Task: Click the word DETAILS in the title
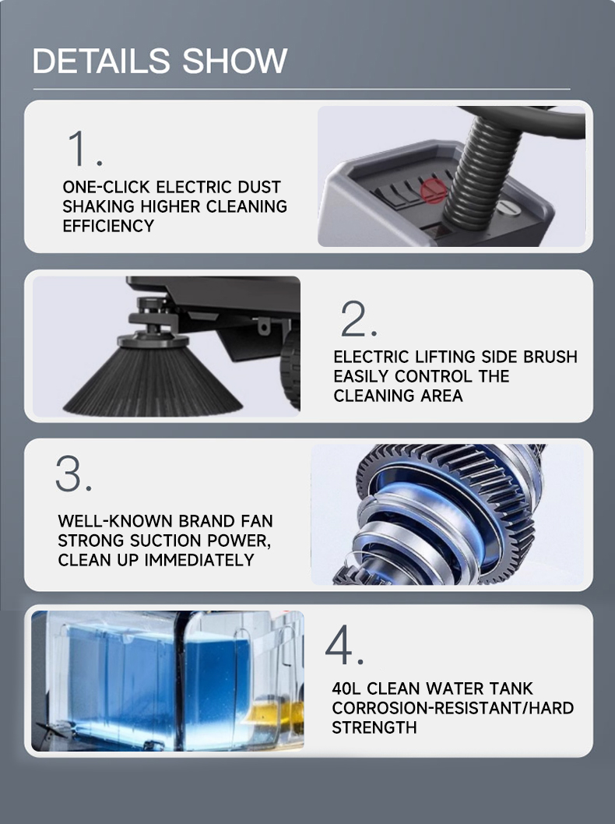tap(101, 61)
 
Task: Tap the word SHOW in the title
tap(235, 61)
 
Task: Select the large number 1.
tap(84, 149)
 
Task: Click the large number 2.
tap(359, 319)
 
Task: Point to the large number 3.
tap(73, 474)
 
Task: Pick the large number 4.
tap(345, 644)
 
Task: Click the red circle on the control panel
tap(434, 190)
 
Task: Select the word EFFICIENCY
tap(108, 226)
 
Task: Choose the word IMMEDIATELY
tap(199, 560)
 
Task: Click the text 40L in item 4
tap(346, 688)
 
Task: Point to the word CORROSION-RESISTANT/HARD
tap(453, 709)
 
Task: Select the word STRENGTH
tap(374, 728)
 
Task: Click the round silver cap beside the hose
tap(508, 206)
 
